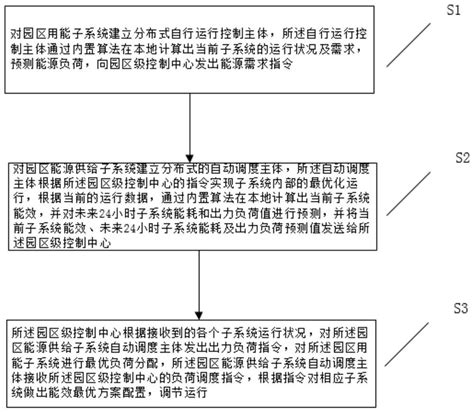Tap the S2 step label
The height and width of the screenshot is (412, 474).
point(460,158)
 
